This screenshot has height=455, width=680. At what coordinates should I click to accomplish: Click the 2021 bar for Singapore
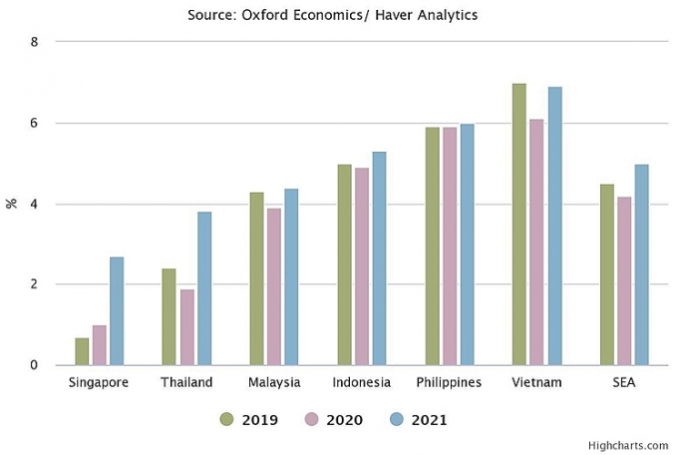coord(117,311)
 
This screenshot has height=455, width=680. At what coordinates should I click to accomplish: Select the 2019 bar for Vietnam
coord(519,225)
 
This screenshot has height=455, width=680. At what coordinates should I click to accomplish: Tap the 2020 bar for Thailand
coord(186,327)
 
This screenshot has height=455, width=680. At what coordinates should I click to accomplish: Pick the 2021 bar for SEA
coord(642,264)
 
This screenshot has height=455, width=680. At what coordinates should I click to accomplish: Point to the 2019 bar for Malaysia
coord(256,278)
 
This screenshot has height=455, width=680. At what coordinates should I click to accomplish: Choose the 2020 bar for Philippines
coord(450,245)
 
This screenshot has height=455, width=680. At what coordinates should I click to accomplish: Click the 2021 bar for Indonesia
coord(379,258)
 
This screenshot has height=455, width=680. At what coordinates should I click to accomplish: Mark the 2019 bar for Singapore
coord(82,351)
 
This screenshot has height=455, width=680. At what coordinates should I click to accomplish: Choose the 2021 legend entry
coord(418,420)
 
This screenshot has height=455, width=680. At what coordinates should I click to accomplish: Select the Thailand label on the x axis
coord(186,383)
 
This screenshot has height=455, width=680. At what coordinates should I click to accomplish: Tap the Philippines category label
coord(449,383)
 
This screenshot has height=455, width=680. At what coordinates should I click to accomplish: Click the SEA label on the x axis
coord(625,383)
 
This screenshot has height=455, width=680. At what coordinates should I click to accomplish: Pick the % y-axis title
coord(12,204)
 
